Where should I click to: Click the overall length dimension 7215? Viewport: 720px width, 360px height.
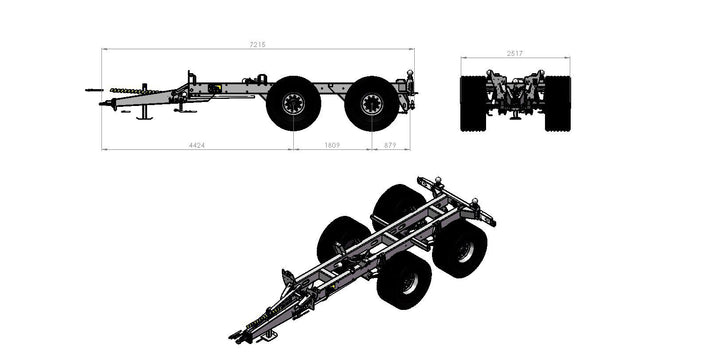coord(258,45)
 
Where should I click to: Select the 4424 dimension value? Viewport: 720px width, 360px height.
coord(197,145)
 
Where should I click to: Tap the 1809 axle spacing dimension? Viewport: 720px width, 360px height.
coord(332,145)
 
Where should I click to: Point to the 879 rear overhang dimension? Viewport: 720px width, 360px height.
coord(390,145)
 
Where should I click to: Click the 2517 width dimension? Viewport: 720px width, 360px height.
coord(515,53)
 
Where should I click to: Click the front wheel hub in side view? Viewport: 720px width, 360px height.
coord(293,103)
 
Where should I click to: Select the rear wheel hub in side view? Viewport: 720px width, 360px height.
coord(371,104)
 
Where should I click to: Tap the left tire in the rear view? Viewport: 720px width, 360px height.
coord(473,104)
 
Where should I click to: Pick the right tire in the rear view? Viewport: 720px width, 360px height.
coord(557,104)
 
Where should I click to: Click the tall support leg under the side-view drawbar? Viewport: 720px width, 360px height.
coord(145,102)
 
